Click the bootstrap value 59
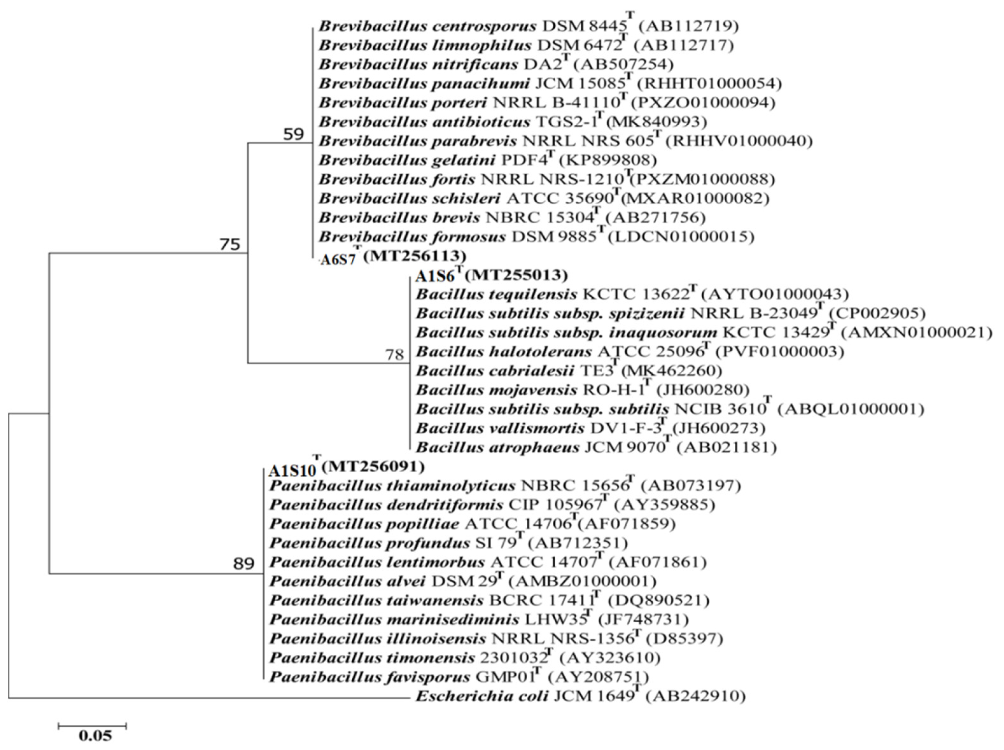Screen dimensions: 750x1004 tap(293, 134)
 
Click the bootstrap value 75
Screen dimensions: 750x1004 tap(230, 245)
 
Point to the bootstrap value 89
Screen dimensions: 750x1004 tap(244, 564)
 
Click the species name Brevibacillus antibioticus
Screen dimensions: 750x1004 tap(424, 122)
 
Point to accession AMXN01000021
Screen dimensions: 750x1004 tap(916, 333)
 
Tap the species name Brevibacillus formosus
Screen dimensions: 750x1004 tap(412, 236)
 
